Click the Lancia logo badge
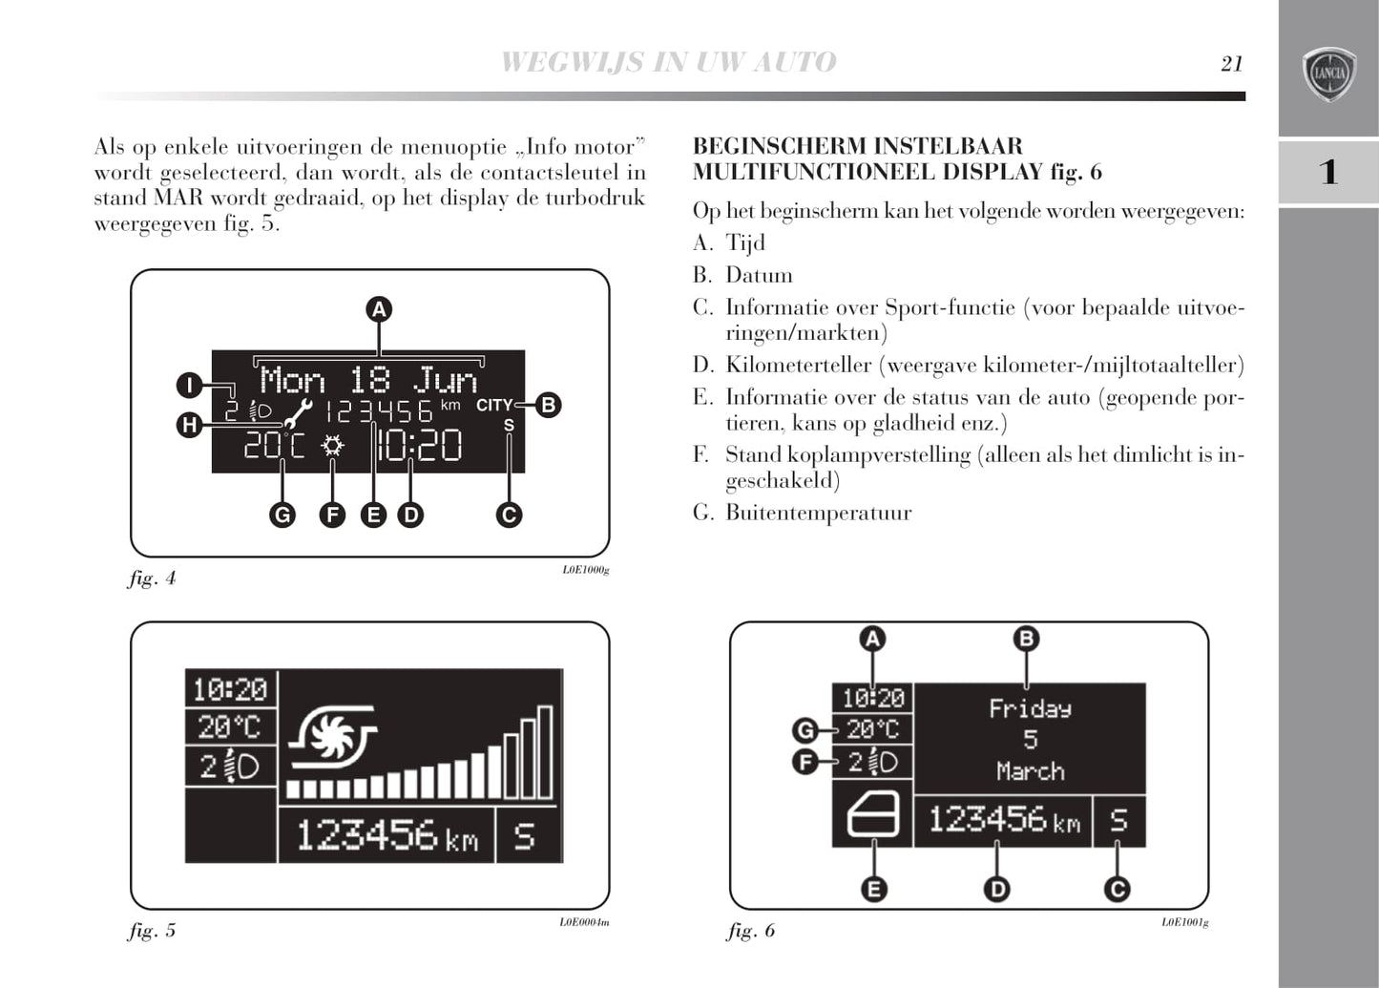click(x=1328, y=74)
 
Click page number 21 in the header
click(x=1231, y=63)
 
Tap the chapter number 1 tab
click(x=1327, y=172)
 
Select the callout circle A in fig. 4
click(x=379, y=309)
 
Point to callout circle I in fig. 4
click(x=189, y=386)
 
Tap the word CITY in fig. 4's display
click(x=493, y=405)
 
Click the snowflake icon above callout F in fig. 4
click(x=332, y=445)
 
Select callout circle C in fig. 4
click(x=509, y=515)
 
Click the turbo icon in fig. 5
click(x=333, y=739)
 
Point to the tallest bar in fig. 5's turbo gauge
click(x=545, y=752)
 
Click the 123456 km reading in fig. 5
click(x=387, y=836)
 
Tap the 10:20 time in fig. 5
click(x=230, y=689)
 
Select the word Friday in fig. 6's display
click(x=1030, y=709)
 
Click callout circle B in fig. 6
click(x=1026, y=639)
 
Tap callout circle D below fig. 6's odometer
click(x=995, y=890)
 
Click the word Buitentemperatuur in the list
click(x=818, y=514)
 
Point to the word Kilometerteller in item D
click(x=798, y=366)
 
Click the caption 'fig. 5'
click(x=152, y=931)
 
